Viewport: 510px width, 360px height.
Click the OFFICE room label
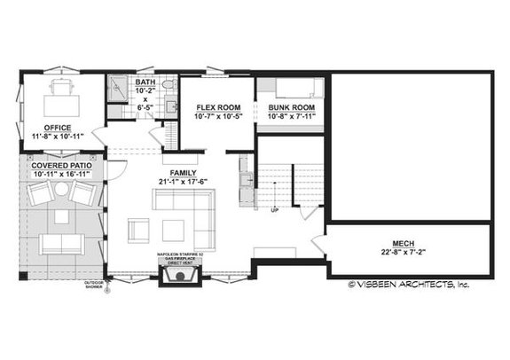tap(58, 127)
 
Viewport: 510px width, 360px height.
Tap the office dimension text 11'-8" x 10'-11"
tap(58, 137)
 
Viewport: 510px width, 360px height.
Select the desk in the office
tap(61, 88)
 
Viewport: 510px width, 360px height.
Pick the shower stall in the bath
tap(116, 88)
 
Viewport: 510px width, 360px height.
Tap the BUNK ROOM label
tap(292, 107)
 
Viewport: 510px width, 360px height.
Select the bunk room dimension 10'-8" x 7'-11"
tap(292, 117)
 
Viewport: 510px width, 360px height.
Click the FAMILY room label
tap(184, 172)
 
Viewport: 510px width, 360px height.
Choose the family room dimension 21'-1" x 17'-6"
tap(184, 182)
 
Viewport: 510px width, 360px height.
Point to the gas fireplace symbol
tap(177, 278)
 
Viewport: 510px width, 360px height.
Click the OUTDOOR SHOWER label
tap(94, 286)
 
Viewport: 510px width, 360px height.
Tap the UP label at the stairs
tap(274, 211)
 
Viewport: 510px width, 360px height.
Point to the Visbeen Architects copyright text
tap(409, 285)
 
